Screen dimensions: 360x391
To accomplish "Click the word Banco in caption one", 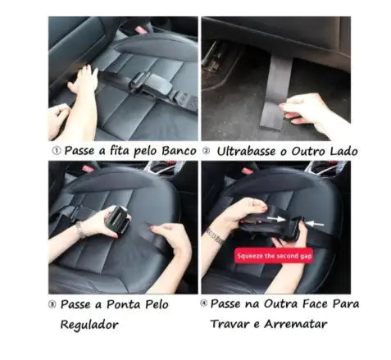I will pos(179,152).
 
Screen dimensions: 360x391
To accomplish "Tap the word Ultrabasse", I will pos(248,152).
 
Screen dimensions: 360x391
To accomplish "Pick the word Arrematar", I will pos(302,323).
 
